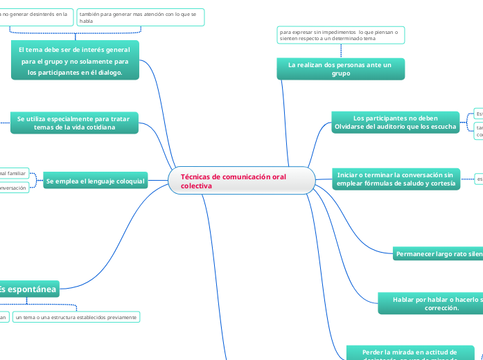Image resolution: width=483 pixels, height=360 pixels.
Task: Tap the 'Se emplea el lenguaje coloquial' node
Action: (95, 181)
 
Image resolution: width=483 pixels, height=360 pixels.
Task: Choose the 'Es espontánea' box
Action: (29, 289)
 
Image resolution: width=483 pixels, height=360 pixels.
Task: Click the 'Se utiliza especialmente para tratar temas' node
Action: (74, 123)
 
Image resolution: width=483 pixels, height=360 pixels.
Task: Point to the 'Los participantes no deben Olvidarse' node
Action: (395, 123)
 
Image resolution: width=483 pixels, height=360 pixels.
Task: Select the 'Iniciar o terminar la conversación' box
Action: (395, 179)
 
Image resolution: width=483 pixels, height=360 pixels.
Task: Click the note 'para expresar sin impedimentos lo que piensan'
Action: (340, 35)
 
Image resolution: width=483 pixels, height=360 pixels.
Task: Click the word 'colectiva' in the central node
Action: (197, 186)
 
